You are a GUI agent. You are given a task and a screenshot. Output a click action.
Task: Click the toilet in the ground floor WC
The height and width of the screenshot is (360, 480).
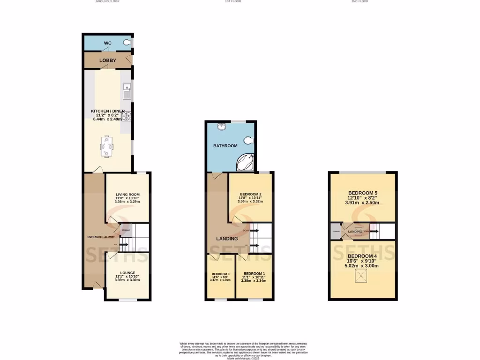pyautogui.click(x=127, y=43)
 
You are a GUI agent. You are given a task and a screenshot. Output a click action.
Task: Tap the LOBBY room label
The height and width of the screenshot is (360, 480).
pyautogui.click(x=107, y=60)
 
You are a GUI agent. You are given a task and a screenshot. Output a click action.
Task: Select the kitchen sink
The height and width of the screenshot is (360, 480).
pyautogui.click(x=126, y=91)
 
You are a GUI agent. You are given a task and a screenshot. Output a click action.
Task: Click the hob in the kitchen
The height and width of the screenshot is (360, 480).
pyautogui.click(x=126, y=116)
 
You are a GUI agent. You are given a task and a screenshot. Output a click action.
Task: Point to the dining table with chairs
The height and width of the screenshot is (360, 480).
pyautogui.click(x=107, y=146)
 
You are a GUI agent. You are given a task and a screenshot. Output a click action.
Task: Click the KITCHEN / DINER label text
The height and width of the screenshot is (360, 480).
pyautogui.click(x=107, y=111)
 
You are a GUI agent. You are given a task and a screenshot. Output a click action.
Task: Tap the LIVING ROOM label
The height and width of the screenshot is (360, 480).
pyautogui.click(x=128, y=195)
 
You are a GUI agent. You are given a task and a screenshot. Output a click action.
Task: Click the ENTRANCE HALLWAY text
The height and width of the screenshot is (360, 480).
pyautogui.click(x=101, y=237)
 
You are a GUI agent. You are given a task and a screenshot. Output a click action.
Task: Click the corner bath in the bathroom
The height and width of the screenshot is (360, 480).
pyautogui.click(x=246, y=162)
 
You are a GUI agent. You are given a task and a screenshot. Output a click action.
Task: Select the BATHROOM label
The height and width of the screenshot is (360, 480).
pyautogui.click(x=225, y=146)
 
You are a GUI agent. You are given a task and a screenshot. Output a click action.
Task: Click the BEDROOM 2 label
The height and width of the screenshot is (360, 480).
pyautogui.click(x=250, y=195)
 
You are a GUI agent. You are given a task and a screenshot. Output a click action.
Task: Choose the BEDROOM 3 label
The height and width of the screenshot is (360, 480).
pyautogui.click(x=220, y=274)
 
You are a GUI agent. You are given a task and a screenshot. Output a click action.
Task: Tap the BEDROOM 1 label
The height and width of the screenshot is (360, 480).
pyautogui.click(x=254, y=273)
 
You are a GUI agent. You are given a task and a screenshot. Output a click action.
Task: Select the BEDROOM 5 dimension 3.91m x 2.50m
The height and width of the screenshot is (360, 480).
pyautogui.click(x=362, y=203)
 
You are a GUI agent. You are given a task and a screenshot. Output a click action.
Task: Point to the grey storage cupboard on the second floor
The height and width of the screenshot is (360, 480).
pyautogui.click(x=336, y=231)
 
